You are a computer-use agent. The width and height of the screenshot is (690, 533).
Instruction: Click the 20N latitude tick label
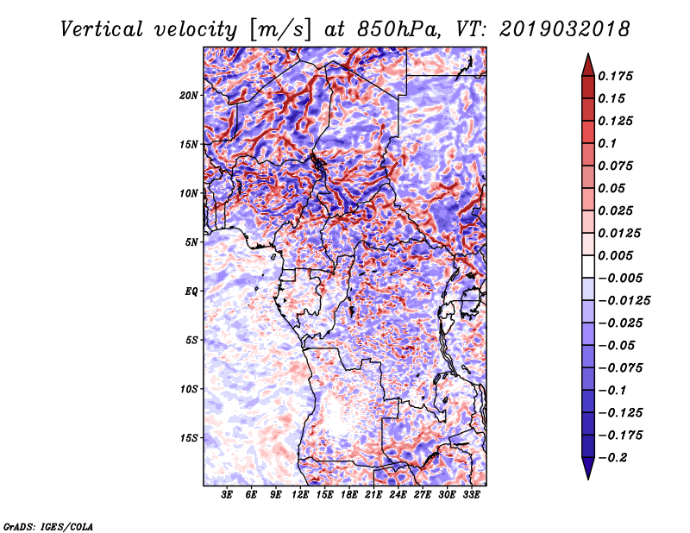pyautogui.click(x=188, y=96)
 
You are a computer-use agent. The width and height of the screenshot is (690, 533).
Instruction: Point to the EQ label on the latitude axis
pyautogui.click(x=191, y=292)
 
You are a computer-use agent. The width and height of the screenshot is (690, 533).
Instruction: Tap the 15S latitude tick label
pyautogui.click(x=188, y=438)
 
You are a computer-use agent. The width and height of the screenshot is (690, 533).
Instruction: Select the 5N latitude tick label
pyautogui.click(x=191, y=242)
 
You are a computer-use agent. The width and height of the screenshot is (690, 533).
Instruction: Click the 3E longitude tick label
pyautogui.click(x=227, y=495)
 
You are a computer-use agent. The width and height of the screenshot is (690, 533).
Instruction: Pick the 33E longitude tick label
pyautogui.click(x=471, y=495)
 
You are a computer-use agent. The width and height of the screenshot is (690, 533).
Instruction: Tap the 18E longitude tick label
pyautogui.click(x=349, y=495)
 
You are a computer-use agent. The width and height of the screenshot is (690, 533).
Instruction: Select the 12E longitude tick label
pyautogui.click(x=300, y=495)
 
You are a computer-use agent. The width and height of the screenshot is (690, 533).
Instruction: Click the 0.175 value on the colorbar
pyautogui.click(x=615, y=76)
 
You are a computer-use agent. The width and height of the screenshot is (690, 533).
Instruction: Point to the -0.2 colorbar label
pyautogui.click(x=612, y=458)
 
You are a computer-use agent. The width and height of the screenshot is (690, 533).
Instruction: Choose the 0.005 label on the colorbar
pyautogui.click(x=615, y=255)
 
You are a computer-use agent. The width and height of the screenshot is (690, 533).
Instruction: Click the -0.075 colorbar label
pyautogui.click(x=620, y=368)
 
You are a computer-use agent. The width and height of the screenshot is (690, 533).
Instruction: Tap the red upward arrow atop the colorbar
pyautogui.click(x=588, y=66)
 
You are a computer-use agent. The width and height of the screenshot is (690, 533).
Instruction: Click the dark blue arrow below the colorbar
pyautogui.click(x=588, y=467)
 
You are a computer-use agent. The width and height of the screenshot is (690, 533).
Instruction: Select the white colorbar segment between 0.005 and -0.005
pyautogui.click(x=588, y=266)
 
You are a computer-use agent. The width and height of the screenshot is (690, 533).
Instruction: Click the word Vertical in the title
pyautogui.click(x=102, y=29)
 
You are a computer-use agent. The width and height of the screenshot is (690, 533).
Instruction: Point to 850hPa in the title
pyautogui.click(x=398, y=29)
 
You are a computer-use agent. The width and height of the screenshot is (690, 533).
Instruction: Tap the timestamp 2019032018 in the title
pyautogui.click(x=565, y=29)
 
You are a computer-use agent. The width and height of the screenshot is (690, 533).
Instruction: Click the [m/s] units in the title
pyautogui.click(x=280, y=30)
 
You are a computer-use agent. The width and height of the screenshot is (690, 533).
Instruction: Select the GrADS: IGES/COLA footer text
pyautogui.click(x=48, y=526)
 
